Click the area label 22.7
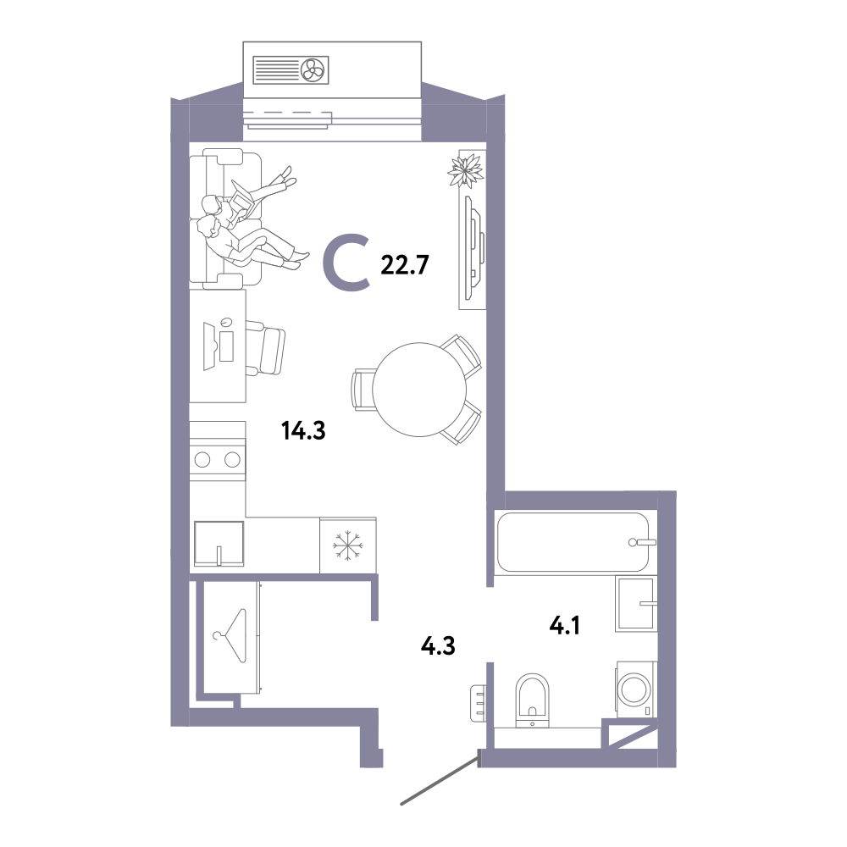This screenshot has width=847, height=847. [405, 264]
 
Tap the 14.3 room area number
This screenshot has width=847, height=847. [303, 430]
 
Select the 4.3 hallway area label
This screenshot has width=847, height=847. [438, 645]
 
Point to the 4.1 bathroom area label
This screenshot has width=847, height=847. [564, 626]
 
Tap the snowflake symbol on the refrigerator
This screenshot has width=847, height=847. [348, 545]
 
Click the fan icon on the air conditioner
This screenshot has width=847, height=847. [313, 69]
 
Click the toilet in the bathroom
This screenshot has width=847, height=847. [532, 700]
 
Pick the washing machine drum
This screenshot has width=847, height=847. [636, 689]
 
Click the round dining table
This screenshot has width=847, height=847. [419, 390]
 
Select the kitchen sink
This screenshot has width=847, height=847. [219, 543]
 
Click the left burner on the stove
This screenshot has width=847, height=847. [202, 460]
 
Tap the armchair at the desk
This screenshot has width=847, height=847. [265, 347]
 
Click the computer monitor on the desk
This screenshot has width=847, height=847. [208, 346]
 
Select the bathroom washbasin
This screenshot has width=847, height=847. [636, 604]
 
